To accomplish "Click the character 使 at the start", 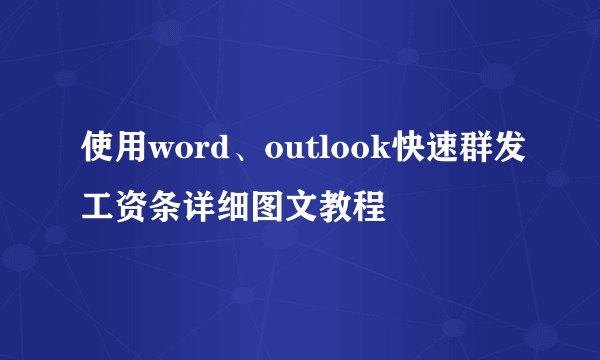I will pyautogui.click(x=98, y=153).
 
